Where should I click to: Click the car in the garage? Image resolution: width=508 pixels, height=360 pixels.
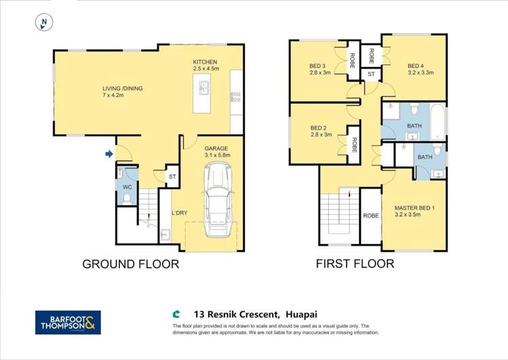pos(218,195)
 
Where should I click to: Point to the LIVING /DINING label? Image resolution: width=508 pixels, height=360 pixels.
pos(122,87)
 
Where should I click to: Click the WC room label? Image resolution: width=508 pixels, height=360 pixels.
pos(127,187)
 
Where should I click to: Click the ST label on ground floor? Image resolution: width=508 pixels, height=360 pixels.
pos(172,177)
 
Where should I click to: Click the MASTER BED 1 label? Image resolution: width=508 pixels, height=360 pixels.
pos(414,208)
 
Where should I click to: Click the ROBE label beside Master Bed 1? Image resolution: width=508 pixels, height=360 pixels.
pos(370,216)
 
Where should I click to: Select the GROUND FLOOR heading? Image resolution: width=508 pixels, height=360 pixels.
pos(131,264)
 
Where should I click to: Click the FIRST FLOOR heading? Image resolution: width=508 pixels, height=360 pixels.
pos(355,264)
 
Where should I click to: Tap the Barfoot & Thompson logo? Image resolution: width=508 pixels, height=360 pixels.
pos(68,322)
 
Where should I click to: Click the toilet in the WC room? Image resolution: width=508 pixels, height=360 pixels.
pos(127,199)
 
